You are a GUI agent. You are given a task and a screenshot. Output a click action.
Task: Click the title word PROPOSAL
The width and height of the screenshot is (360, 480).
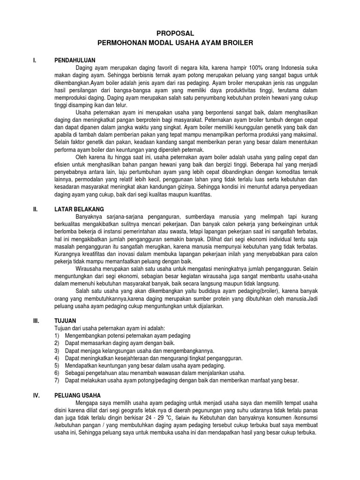174,33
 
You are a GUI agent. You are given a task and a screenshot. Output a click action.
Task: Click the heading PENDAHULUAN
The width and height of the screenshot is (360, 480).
75,60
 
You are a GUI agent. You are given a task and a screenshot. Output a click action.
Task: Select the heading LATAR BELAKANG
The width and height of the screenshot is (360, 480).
79,209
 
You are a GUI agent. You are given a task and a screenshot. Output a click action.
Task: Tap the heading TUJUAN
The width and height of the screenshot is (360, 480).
65,320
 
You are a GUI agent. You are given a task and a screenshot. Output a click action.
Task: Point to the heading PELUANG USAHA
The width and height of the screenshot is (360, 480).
75,395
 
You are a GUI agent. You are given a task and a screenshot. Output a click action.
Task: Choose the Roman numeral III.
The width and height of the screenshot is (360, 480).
36,320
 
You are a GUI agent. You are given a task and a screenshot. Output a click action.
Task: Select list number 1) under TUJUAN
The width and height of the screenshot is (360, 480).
57,336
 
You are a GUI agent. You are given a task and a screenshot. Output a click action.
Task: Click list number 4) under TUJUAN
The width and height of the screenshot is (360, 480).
57,358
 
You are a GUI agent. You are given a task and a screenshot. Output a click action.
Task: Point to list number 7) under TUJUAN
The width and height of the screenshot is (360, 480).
57,380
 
